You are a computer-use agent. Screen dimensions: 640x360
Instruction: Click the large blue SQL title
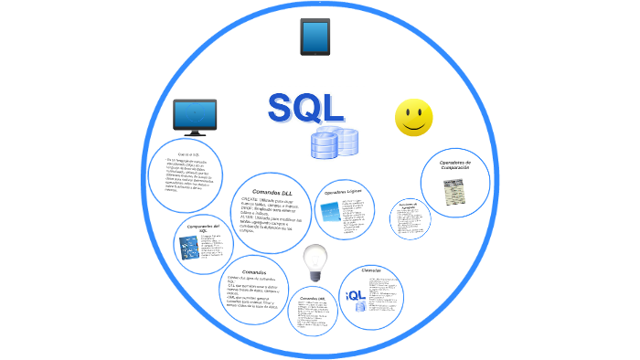306,108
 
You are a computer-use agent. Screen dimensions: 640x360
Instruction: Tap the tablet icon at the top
315,37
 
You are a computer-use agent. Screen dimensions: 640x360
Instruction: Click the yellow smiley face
413,118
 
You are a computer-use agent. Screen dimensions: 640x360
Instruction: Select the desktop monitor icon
195,117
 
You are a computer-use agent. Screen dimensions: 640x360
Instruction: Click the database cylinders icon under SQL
334,143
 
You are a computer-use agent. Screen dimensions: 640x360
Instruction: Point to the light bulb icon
315,261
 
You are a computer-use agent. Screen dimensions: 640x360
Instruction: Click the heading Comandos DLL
272,192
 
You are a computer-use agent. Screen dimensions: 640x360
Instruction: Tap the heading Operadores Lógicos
344,193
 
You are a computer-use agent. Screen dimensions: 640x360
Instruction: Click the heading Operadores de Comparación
453,165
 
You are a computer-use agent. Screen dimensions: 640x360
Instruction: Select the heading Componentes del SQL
203,228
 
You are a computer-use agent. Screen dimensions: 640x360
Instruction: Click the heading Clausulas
371,270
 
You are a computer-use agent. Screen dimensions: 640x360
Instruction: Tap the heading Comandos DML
313,299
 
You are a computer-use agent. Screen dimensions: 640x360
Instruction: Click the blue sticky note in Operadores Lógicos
329,212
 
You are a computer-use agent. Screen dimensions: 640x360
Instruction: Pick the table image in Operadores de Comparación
454,193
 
